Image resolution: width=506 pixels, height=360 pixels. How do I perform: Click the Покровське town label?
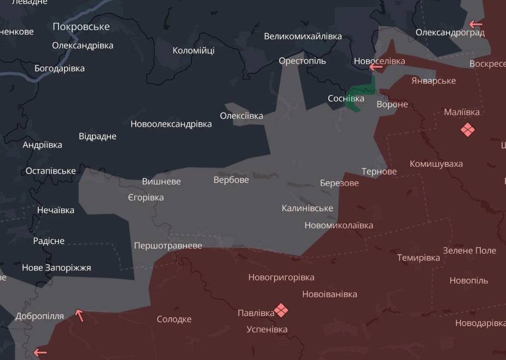click(81, 26)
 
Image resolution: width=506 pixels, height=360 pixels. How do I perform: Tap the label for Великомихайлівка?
click(303, 36)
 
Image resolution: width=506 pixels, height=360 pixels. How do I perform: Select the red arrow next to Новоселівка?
click(375, 67)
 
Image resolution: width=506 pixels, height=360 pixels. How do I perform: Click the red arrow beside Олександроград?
click(475, 24)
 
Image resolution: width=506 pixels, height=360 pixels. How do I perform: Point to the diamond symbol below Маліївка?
click(467, 130)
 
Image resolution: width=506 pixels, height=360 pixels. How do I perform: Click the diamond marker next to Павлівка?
click(281, 311)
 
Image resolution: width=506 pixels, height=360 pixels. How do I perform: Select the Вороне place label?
click(392, 104)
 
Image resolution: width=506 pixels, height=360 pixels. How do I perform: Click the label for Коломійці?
click(193, 50)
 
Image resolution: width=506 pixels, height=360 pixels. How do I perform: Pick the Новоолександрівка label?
click(171, 124)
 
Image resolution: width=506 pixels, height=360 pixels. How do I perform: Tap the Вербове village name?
click(231, 179)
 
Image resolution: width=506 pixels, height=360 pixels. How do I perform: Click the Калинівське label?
click(307, 208)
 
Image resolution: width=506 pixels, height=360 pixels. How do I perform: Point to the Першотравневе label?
click(168, 246)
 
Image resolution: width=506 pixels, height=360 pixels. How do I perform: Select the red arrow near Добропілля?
click(80, 315)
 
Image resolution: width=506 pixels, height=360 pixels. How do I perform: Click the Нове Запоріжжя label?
click(56, 268)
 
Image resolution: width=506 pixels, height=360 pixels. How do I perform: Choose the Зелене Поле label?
click(469, 250)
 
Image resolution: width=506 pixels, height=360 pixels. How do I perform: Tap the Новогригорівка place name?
click(281, 277)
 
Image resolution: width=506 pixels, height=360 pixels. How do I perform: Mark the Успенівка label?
click(266, 329)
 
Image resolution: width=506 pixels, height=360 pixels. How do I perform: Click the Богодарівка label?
click(59, 68)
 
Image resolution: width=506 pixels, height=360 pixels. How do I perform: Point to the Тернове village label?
click(379, 171)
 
